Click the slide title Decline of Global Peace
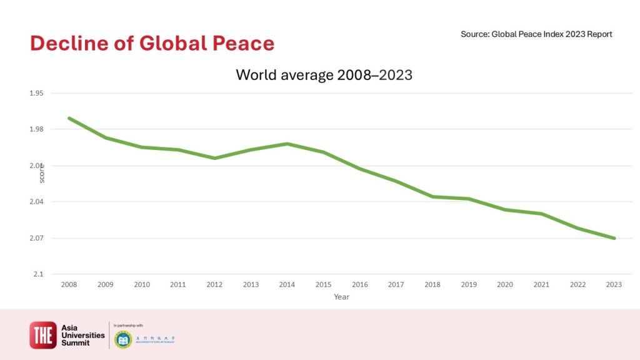tap(152, 43)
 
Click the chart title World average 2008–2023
tap(324, 75)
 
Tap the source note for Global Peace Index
tap(536, 34)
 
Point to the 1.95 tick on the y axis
tap(36, 93)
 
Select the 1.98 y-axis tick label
tap(36, 129)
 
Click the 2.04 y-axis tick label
tap(36, 202)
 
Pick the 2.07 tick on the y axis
tap(36, 238)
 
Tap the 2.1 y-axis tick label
tap(38, 274)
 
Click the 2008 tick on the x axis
tap(69, 284)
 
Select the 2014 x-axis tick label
tap(287, 284)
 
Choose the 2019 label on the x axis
tap(469, 284)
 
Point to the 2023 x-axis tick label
tap(614, 284)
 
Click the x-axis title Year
tap(341, 297)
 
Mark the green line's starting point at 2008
tap(69, 117)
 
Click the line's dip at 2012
tap(214, 158)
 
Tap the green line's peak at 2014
tap(287, 144)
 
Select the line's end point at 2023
tap(614, 238)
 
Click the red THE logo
tap(43, 335)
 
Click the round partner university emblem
tap(123, 340)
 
